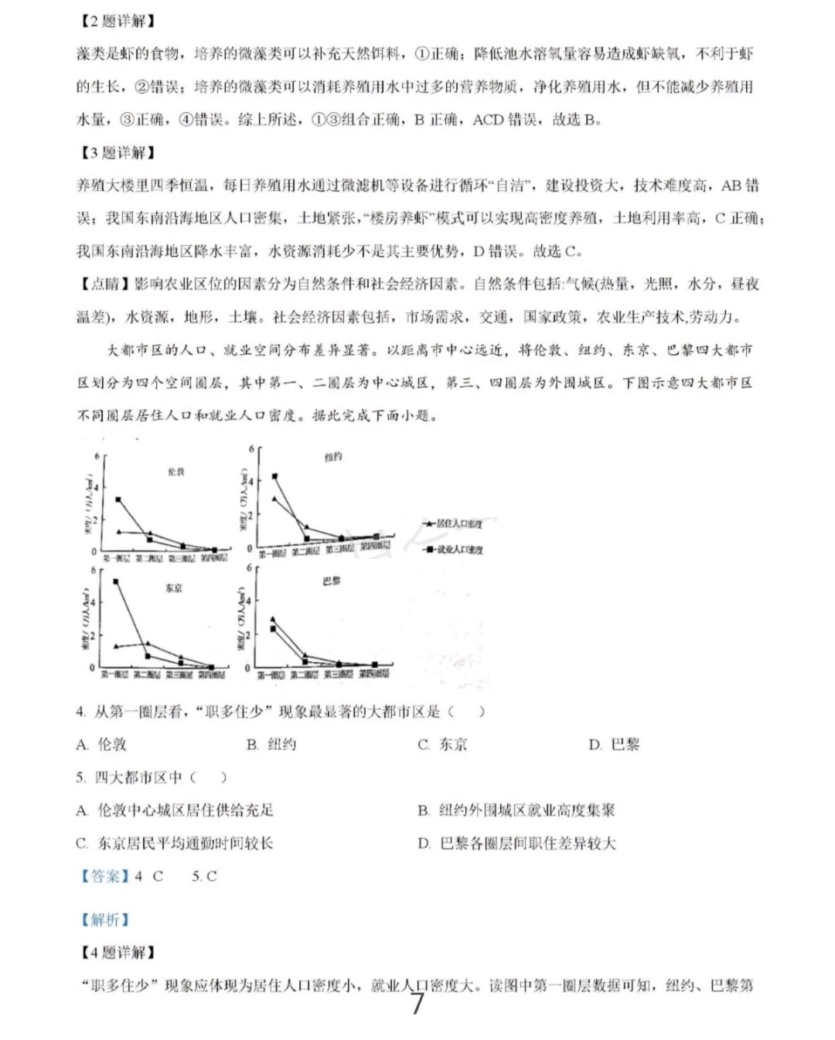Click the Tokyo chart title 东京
174,588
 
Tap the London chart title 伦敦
176,471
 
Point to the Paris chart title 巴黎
332,581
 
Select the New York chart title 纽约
333,457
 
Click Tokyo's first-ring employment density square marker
116,581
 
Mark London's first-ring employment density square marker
118,500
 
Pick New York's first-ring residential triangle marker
274,499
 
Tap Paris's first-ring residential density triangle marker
272,619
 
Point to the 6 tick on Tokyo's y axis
93,571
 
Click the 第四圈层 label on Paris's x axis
375,674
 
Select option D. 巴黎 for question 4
614,745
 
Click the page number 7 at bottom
417,1004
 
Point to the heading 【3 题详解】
118,152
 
